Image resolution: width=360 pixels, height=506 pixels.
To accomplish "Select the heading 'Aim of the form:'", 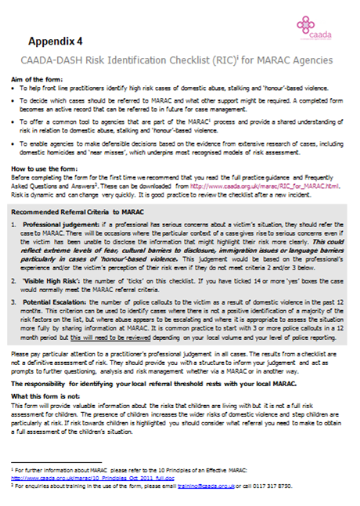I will click(x=36, y=81).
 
